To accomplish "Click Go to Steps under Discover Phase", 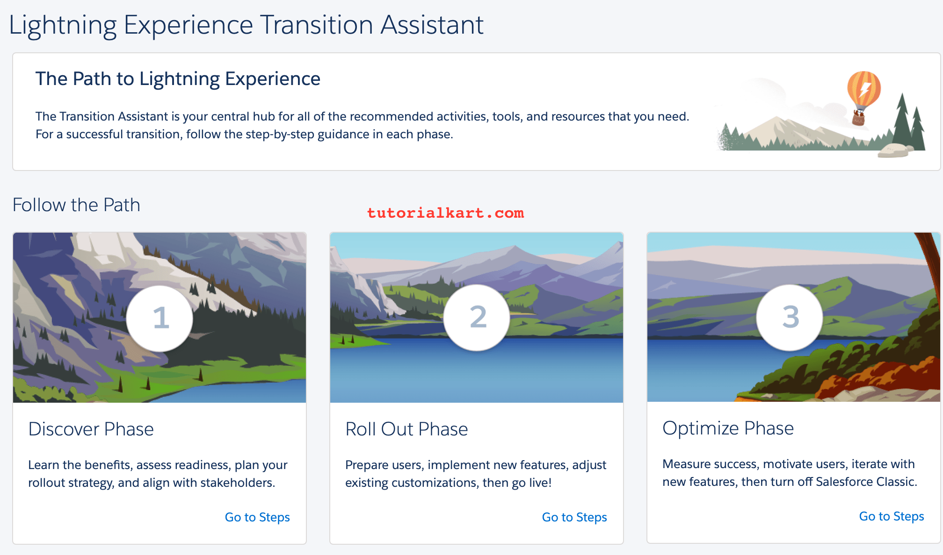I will click(x=257, y=517).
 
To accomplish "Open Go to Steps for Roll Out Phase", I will click(x=574, y=517).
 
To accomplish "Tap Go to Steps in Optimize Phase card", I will click(x=891, y=516).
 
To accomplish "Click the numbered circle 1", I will click(x=160, y=318).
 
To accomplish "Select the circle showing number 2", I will click(x=477, y=317).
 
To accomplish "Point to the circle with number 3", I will click(x=790, y=317).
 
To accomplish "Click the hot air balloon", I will click(x=863, y=91).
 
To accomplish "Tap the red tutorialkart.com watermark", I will click(x=445, y=213).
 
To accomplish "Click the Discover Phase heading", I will click(x=91, y=429).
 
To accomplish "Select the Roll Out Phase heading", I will click(x=406, y=429).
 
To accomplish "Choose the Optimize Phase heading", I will click(x=728, y=428).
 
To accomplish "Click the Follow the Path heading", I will click(x=76, y=205).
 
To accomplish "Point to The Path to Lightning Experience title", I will click(x=178, y=78).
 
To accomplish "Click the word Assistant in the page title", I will click(x=431, y=25).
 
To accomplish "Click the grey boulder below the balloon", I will click(x=894, y=151).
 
